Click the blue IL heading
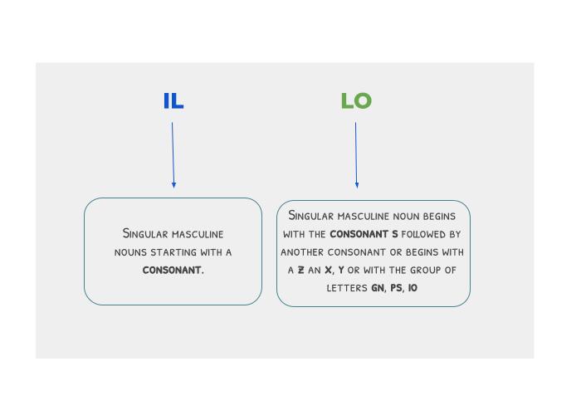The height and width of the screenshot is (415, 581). pyautogui.click(x=173, y=101)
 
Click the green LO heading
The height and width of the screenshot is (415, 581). pyautogui.click(x=356, y=101)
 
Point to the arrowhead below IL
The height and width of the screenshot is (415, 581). pyautogui.click(x=173, y=184)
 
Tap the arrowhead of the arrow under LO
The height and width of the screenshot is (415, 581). pyautogui.click(x=357, y=184)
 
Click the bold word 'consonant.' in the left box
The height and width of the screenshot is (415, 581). pyautogui.click(x=173, y=270)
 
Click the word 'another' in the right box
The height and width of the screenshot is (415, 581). pyautogui.click(x=304, y=252)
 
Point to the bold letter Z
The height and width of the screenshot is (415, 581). pyautogui.click(x=301, y=271)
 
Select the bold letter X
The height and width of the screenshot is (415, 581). pyautogui.click(x=329, y=271)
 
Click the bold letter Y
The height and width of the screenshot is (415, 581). pyautogui.click(x=341, y=271)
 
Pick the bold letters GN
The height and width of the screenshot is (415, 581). pyautogui.click(x=377, y=288)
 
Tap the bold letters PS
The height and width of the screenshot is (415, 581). pyautogui.click(x=397, y=288)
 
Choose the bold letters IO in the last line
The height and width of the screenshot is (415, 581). pyautogui.click(x=413, y=288)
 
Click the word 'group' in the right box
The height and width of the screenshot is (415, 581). pyautogui.click(x=421, y=271)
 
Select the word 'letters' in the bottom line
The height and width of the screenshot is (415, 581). pyautogui.click(x=347, y=288)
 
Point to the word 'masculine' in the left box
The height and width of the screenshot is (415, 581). pyautogui.click(x=198, y=234)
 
